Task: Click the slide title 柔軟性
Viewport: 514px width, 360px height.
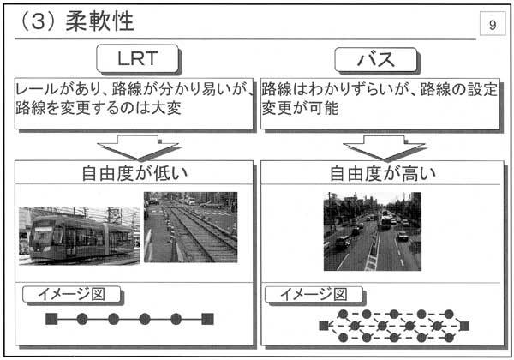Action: [99, 21]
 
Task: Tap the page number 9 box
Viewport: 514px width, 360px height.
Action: [493, 23]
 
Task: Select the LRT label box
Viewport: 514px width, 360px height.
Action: [137, 58]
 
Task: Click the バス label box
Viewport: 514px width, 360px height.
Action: [376, 60]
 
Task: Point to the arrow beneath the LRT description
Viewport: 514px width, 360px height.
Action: [138, 147]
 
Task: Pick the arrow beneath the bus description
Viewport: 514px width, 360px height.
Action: [385, 147]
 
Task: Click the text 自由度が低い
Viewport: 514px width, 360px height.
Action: [134, 173]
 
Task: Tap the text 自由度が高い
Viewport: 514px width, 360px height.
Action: [383, 173]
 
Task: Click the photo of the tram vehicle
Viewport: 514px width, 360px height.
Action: [80, 236]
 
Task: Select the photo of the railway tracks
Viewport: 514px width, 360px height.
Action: [190, 227]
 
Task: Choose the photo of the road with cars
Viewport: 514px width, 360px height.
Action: [373, 231]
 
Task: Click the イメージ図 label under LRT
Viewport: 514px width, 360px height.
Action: [71, 294]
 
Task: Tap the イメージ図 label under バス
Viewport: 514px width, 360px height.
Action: [314, 294]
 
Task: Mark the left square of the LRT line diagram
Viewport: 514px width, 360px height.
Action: [51, 319]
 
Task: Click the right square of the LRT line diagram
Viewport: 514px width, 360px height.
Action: [207, 319]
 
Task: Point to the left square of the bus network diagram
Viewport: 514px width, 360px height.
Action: [324, 326]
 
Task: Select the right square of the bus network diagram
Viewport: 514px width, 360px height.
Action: [464, 326]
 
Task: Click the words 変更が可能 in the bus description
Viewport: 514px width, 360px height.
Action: [300, 108]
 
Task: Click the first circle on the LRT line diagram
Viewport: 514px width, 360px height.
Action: [82, 319]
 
